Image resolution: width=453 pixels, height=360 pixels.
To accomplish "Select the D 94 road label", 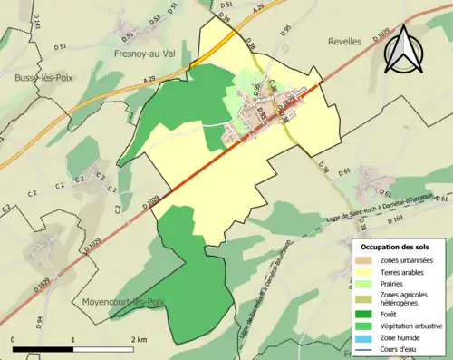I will coord(40,320).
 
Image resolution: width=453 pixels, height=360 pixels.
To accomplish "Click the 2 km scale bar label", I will coord(139,340).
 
